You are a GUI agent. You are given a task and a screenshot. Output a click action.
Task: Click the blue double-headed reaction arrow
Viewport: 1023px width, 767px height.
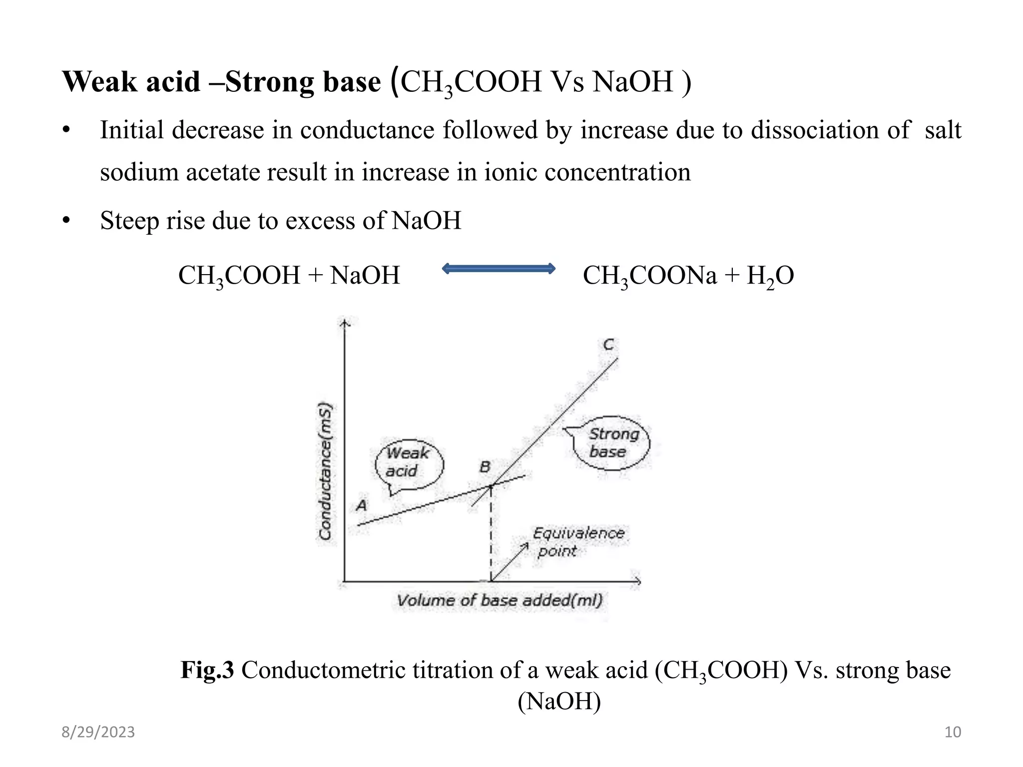499,269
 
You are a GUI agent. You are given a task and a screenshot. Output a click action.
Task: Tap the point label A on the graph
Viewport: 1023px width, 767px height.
361,505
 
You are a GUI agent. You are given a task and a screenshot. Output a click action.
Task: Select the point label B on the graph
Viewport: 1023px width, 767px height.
485,467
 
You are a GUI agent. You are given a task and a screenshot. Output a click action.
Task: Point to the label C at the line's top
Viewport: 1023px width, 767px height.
608,345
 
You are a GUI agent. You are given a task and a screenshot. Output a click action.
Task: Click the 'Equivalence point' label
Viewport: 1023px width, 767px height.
578,542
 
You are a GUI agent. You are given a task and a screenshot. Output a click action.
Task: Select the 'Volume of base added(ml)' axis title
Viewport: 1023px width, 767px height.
500,600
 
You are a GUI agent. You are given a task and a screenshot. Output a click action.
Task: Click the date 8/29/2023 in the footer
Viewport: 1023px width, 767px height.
98,732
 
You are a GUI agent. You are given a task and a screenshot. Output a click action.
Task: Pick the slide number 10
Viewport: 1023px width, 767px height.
953,732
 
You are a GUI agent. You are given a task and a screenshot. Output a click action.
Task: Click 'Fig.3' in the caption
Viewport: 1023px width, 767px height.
207,670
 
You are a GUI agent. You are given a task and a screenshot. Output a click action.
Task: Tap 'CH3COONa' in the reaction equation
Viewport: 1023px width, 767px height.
650,276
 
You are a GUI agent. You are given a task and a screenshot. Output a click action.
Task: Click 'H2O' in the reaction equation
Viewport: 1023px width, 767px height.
770,276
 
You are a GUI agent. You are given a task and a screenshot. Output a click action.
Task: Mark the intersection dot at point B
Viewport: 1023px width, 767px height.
491,486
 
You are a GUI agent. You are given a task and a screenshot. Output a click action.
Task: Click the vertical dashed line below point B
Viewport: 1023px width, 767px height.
491,534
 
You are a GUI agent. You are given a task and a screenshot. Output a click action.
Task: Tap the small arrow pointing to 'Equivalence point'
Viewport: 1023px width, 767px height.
510,562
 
